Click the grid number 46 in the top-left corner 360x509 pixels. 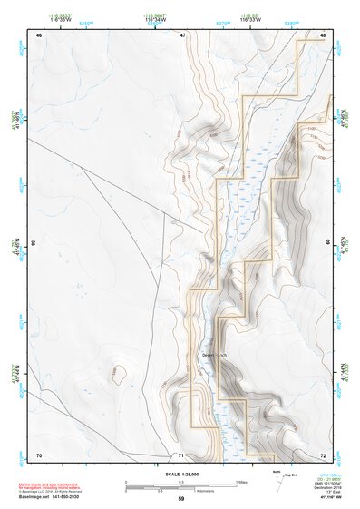point(39,35)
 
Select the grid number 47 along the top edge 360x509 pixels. point(182,35)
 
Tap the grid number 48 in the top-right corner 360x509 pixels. point(324,35)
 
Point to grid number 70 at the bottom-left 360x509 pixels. point(39,454)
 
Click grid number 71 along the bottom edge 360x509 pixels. point(181,455)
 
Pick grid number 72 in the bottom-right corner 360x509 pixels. point(324,454)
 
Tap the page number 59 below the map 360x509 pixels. point(181,499)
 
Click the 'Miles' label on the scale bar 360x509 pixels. point(241,481)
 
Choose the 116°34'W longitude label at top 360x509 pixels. point(156,19)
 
